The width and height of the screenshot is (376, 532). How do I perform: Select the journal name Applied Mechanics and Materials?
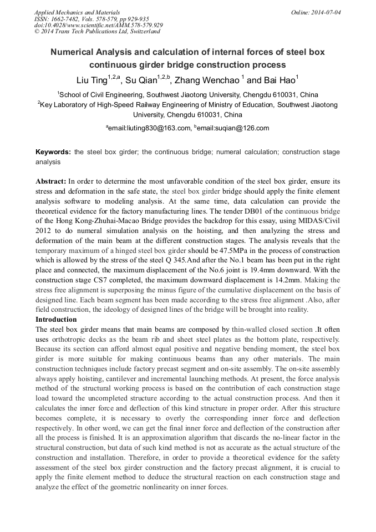coord(77,12)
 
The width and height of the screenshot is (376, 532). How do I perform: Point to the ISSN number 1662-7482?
coord(66,18)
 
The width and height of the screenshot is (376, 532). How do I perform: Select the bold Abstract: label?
coord(51,181)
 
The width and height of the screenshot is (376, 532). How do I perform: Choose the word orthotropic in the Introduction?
coord(75,340)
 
